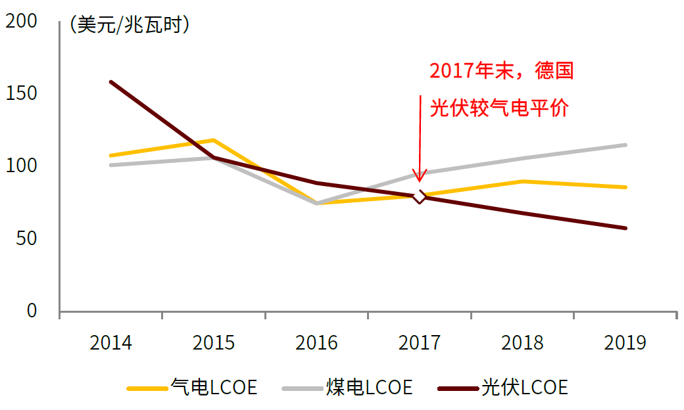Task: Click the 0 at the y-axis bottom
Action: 32,311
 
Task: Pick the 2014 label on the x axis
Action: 110,343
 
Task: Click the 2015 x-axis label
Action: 214,343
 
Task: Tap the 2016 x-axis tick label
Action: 316,343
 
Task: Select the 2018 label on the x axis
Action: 522,343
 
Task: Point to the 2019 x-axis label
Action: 625,343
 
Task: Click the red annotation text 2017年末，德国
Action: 502,71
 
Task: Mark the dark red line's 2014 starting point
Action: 111,82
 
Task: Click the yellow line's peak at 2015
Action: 214,140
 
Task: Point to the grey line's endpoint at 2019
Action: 625,145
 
